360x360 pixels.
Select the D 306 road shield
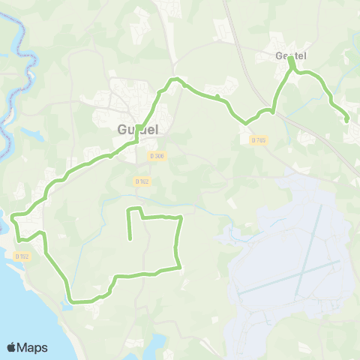[157, 156]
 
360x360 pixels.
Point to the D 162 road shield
[142, 181]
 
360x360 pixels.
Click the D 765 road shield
[259, 139]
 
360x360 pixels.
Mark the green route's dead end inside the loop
[131, 238]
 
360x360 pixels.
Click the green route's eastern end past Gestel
[346, 119]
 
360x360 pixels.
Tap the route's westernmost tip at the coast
[13, 217]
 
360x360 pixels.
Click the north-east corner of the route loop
[181, 217]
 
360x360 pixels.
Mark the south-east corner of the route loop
[180, 268]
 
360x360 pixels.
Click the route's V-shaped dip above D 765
[245, 122]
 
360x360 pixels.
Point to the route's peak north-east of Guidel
[176, 79]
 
